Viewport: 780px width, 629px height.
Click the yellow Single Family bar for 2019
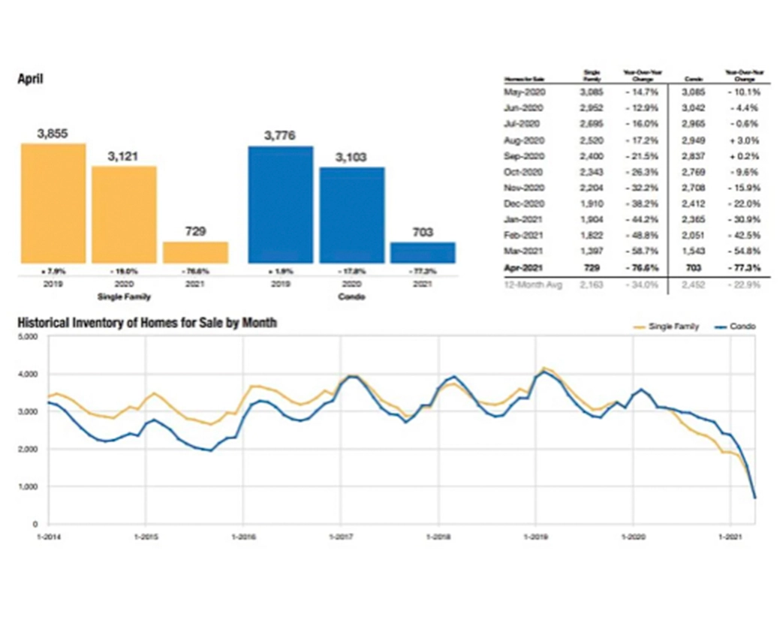point(53,203)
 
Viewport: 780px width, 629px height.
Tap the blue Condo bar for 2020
point(351,215)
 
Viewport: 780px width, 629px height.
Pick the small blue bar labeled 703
point(423,252)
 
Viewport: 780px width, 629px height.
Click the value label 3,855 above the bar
point(53,133)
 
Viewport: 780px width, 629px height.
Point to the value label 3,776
point(280,136)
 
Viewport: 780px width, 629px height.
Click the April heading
point(30,77)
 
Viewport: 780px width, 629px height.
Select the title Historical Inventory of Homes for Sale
point(147,323)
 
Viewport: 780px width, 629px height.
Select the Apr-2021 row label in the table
point(528,266)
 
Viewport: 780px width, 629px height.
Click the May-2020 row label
point(528,92)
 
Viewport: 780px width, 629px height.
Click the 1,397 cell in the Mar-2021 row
point(592,251)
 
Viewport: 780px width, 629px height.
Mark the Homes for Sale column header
point(519,77)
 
